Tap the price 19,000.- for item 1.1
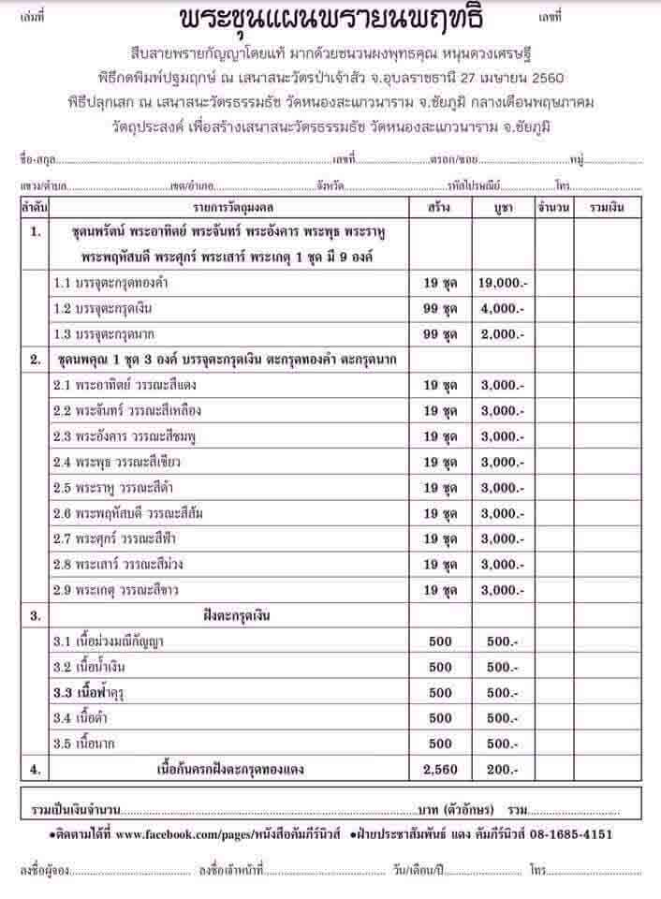(x=502, y=282)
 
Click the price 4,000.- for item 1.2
(x=502, y=308)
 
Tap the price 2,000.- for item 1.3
(x=502, y=334)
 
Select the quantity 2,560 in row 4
(x=440, y=770)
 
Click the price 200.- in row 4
(x=502, y=770)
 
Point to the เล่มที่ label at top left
(x=30, y=18)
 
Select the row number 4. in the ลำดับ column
(x=35, y=770)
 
